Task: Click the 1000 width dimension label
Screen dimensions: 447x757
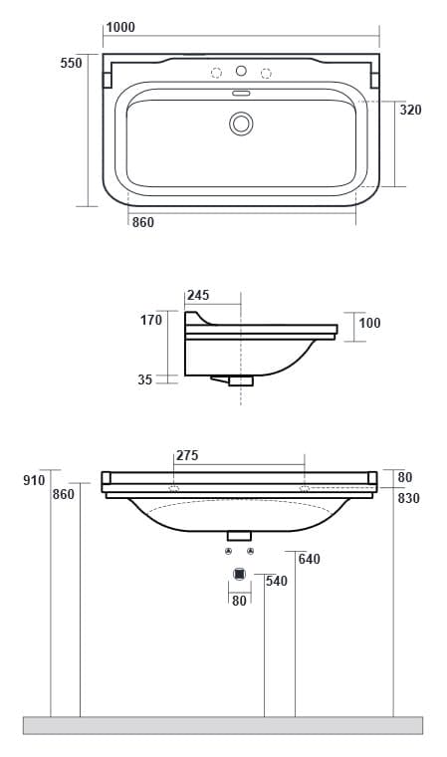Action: (x=120, y=27)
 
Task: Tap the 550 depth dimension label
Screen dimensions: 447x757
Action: (x=71, y=63)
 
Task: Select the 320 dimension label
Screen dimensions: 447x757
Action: (x=411, y=110)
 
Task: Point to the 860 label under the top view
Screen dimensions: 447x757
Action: (x=143, y=222)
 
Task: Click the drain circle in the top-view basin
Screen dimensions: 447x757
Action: (x=241, y=124)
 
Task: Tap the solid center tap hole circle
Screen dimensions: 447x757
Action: (x=241, y=71)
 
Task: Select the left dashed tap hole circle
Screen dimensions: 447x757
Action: (x=217, y=73)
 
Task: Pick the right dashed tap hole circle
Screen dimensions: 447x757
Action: (x=266, y=73)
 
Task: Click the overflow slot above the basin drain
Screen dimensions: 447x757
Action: (x=241, y=93)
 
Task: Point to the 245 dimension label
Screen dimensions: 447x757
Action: (x=198, y=295)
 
